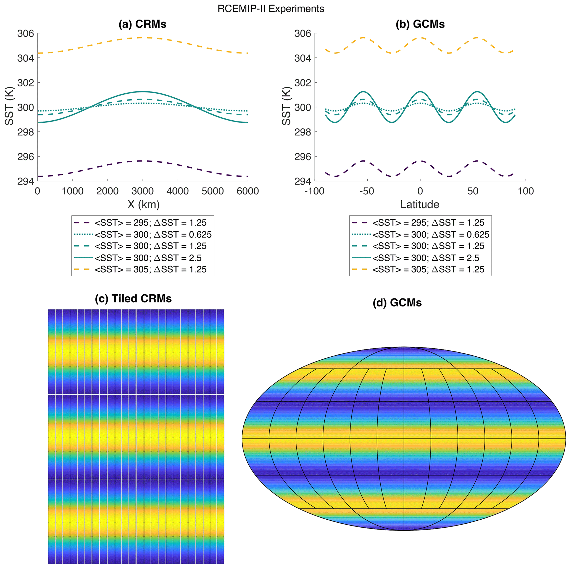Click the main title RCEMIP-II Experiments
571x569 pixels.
[271, 9]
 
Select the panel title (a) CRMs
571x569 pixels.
[143, 24]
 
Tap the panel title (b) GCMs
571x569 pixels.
[420, 24]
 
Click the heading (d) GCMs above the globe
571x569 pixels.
[397, 303]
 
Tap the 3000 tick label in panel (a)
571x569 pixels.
[143, 191]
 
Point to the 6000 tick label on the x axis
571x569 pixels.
[248, 191]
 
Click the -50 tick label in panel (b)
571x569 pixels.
[367, 191]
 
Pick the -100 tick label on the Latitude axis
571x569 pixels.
[314, 191]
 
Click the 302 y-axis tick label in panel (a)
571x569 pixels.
[25, 83]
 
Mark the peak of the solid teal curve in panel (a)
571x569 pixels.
[143, 92]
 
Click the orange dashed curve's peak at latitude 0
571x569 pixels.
[420, 38]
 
